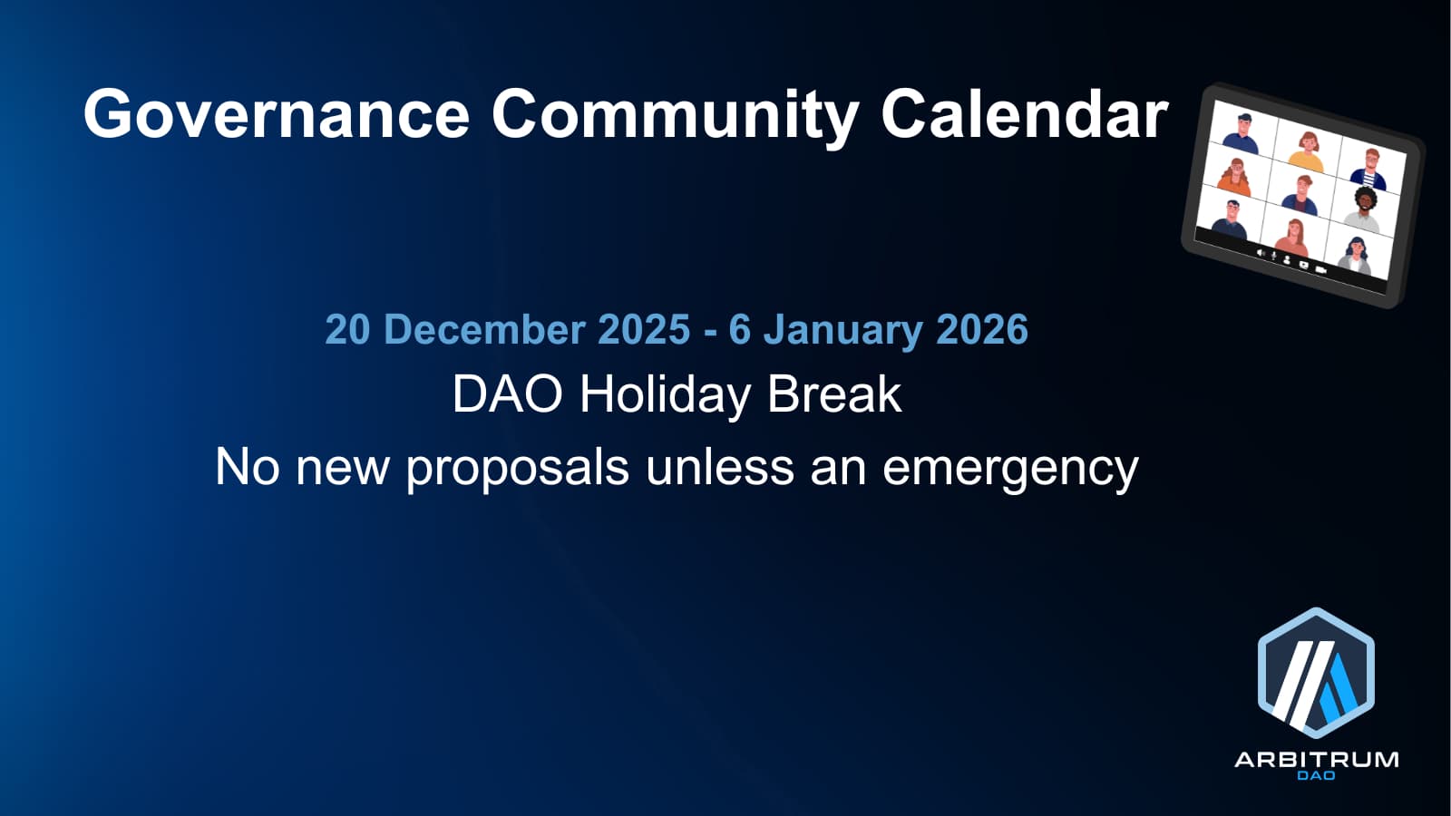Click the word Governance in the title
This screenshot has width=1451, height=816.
(276, 114)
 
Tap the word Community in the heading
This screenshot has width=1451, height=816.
(675, 118)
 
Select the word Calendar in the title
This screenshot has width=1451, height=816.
(1025, 114)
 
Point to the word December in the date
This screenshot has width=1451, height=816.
(484, 330)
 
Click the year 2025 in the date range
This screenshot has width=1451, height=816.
(644, 330)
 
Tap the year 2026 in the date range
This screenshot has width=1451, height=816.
(982, 330)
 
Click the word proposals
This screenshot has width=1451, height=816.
(518, 469)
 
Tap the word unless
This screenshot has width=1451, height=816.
(720, 466)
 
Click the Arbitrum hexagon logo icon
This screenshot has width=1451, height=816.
(1316, 673)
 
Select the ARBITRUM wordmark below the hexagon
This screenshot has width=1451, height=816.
(1316, 760)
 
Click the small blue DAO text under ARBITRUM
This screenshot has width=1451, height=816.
(1316, 775)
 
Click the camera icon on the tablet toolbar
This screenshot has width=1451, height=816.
(1321, 269)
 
